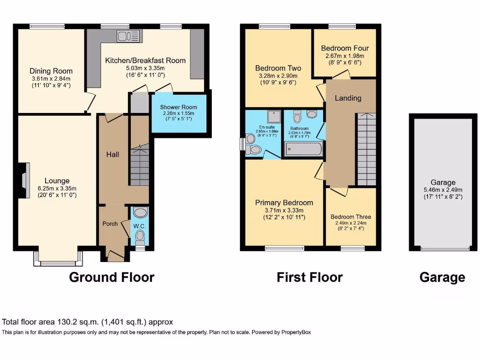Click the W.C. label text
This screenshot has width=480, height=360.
[140, 226]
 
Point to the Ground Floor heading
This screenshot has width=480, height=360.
[112, 277]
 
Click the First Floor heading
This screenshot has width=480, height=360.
[309, 277]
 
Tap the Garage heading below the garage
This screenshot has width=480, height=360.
[442, 277]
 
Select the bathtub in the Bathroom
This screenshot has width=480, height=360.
[304, 150]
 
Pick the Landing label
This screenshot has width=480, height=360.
[348, 98]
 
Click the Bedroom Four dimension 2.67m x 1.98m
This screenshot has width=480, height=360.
[345, 56]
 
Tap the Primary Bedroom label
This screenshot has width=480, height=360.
[284, 202]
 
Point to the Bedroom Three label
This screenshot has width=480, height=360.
[351, 217]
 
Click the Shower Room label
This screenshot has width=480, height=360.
[178, 107]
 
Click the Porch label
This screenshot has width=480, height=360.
[110, 224]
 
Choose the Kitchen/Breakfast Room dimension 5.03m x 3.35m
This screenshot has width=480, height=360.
[145, 68]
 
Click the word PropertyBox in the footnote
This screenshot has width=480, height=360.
[296, 332]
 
